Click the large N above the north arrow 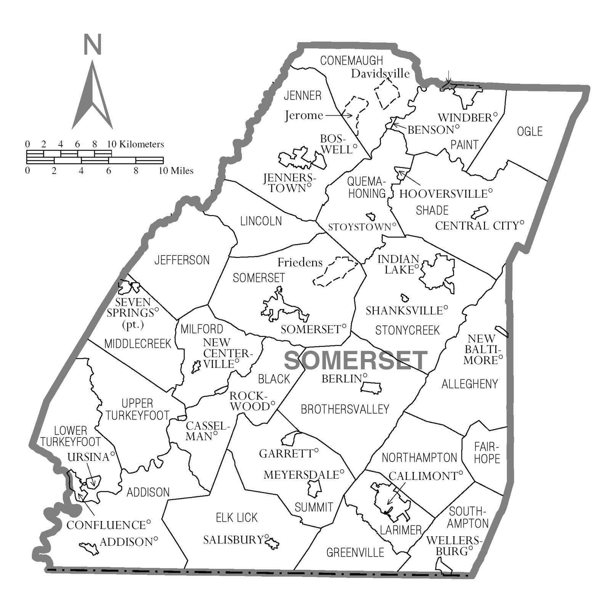[x=92, y=45]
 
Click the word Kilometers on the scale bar [x=141, y=144]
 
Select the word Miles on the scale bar [x=181, y=171]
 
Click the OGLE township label [x=530, y=132]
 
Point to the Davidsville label [x=380, y=74]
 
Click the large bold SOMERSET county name [x=355, y=360]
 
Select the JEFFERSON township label [x=182, y=260]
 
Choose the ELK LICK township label [x=236, y=518]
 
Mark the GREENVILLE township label [x=355, y=553]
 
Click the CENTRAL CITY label [x=477, y=226]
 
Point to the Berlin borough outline [x=371, y=388]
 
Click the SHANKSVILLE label [x=404, y=311]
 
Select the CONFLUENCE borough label [x=106, y=525]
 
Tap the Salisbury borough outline [x=272, y=543]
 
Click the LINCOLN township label [x=261, y=221]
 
